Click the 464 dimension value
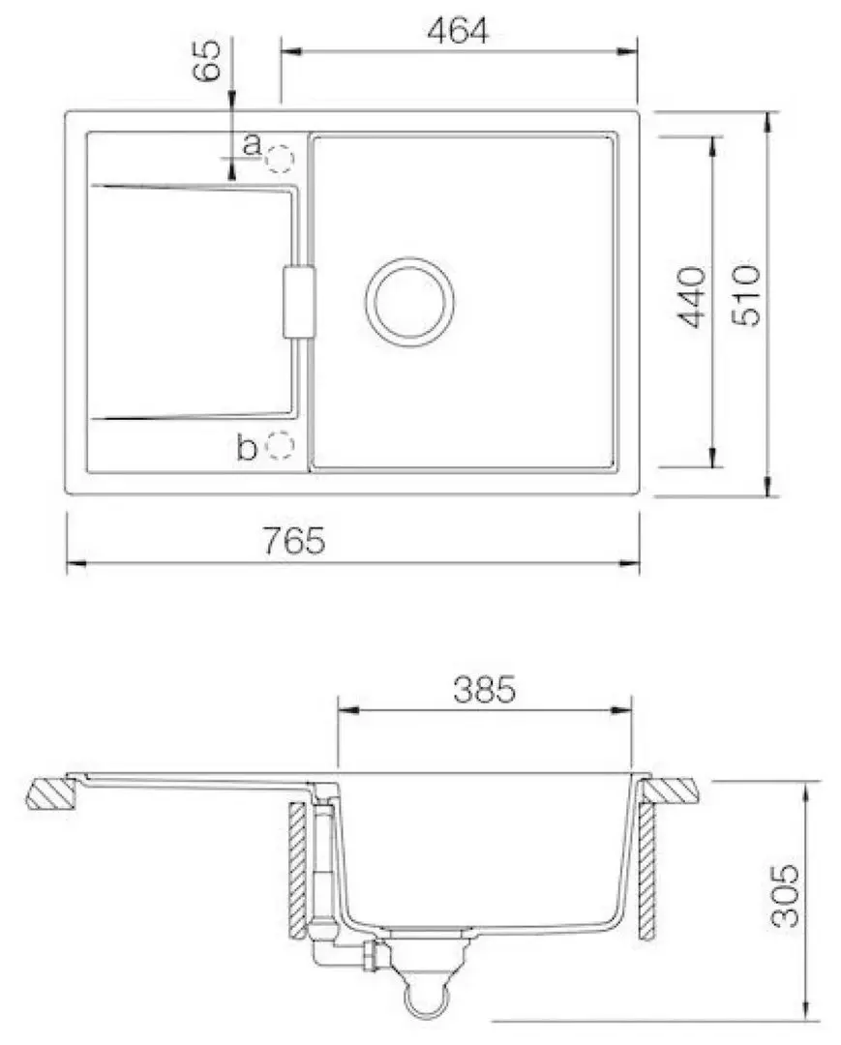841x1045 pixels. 458,31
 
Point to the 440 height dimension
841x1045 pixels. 692,296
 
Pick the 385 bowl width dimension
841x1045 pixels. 484,690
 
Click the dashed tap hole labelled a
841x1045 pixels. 281,158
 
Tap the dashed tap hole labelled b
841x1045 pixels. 281,444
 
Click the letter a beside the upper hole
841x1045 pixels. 251,145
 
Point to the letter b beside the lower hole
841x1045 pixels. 248,448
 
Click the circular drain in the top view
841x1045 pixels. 409,302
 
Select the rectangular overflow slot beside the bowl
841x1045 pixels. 299,302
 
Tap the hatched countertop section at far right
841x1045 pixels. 670,791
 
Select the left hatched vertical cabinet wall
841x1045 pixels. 298,871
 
